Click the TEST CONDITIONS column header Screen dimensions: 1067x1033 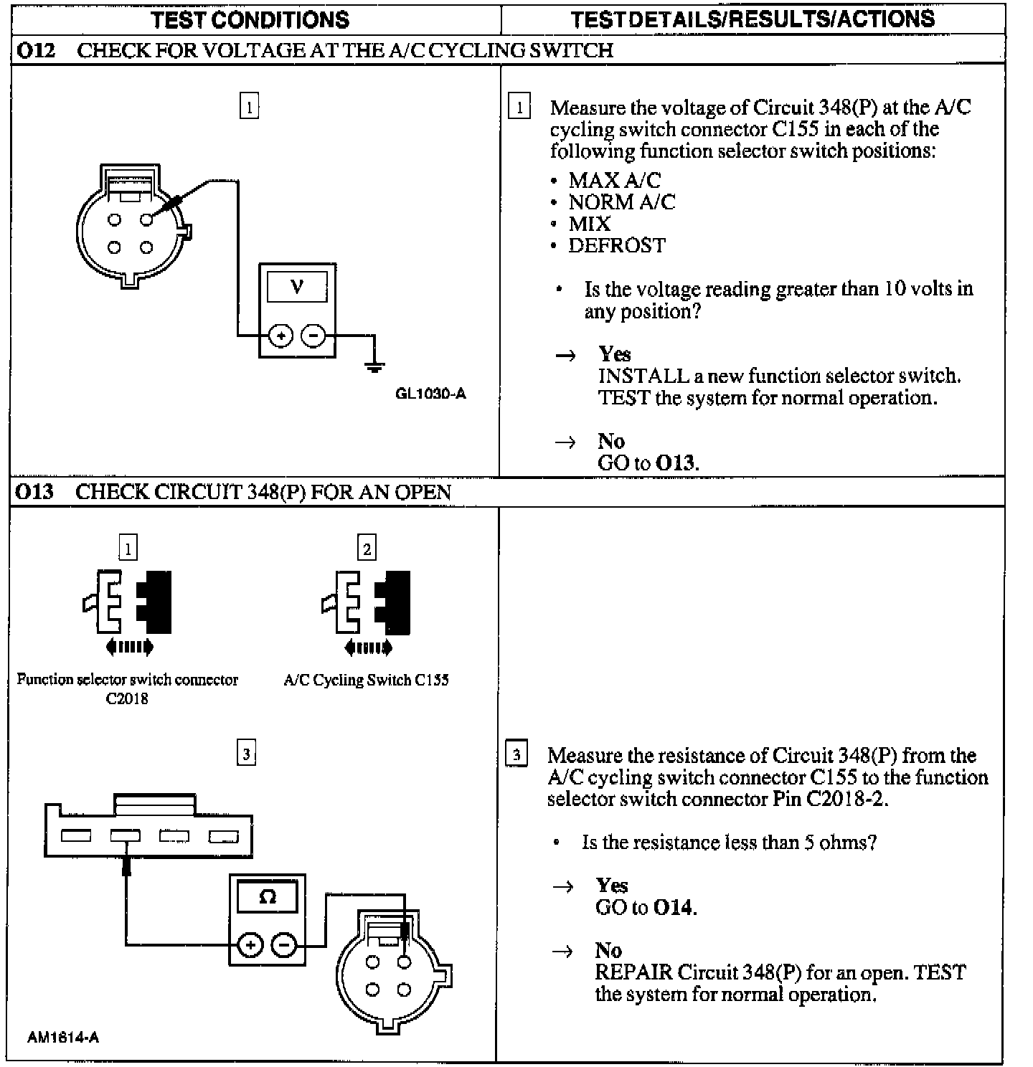250,19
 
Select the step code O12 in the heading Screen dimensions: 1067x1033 35,50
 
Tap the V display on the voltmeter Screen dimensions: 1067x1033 297,287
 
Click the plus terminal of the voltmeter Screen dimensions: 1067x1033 280,336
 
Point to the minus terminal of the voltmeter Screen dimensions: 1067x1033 313,336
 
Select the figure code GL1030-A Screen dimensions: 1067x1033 430,394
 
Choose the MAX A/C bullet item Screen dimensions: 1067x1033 614,180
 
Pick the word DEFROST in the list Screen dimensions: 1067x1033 617,246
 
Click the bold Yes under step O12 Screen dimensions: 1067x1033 615,354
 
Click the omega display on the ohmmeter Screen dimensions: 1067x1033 268,897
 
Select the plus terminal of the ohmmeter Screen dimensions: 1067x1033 250,947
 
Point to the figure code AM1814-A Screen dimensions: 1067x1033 63,1037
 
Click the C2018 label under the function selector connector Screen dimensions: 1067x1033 127,698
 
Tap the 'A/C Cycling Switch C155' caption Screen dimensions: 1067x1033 366,680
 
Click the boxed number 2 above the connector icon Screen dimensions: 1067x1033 367,549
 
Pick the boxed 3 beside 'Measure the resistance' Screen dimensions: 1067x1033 516,755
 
